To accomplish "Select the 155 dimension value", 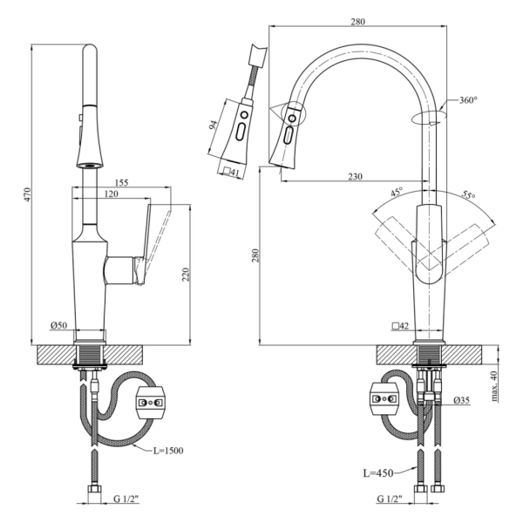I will point(121,183).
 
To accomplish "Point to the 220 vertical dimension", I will point(186,274).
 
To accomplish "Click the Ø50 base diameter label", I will point(59,325).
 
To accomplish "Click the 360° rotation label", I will point(468,100).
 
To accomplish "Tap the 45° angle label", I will point(396,194).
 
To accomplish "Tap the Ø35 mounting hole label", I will point(462,401).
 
